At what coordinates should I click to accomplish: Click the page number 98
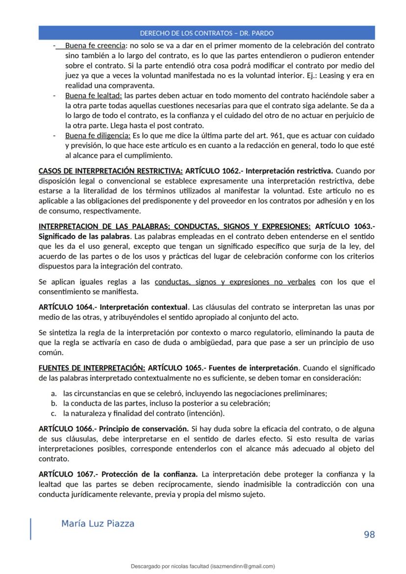pyautogui.click(x=369, y=534)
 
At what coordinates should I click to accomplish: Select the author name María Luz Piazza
pyautogui.click(x=98, y=524)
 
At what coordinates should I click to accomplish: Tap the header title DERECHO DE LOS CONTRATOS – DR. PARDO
pyautogui.click(x=206, y=33)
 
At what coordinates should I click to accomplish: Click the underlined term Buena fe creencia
pyautogui.click(x=94, y=46)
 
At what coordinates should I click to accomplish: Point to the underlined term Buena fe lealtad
pyautogui.click(x=93, y=95)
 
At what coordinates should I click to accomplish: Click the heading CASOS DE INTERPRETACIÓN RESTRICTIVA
pyautogui.click(x=110, y=171)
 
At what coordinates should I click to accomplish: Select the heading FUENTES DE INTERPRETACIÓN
pyautogui.click(x=92, y=368)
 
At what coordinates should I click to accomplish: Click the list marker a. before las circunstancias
pyautogui.click(x=54, y=393)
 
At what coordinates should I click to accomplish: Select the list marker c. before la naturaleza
pyautogui.click(x=54, y=413)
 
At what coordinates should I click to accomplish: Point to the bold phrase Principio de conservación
pyautogui.click(x=144, y=428)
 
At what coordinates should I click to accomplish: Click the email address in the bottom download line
pyautogui.click(x=242, y=566)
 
